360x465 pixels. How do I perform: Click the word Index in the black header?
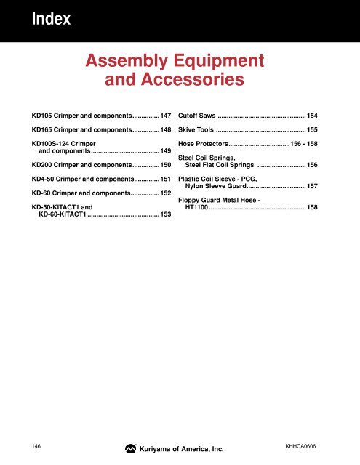point(51,20)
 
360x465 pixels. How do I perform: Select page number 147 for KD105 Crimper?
point(165,116)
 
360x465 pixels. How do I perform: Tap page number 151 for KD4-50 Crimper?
point(165,179)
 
